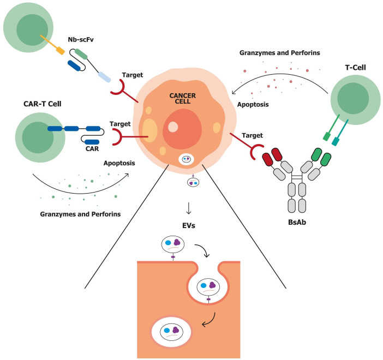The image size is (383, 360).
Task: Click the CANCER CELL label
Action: click(x=182, y=98)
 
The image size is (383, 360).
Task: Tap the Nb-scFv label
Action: click(x=81, y=40)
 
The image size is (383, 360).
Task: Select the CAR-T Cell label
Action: click(x=42, y=104)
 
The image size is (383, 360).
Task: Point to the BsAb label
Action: click(x=297, y=222)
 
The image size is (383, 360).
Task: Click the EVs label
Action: click(x=189, y=225)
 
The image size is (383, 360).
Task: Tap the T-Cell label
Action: click(x=355, y=68)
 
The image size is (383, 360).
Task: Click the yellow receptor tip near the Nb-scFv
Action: click(x=61, y=51)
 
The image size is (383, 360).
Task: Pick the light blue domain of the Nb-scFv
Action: click(x=104, y=77)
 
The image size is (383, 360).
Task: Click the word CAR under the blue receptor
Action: click(x=92, y=149)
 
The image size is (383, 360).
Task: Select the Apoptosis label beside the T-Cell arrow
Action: click(x=253, y=105)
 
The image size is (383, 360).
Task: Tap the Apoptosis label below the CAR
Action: click(x=119, y=163)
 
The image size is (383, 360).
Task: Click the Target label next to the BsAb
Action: click(x=252, y=135)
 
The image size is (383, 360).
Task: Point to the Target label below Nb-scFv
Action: click(x=133, y=75)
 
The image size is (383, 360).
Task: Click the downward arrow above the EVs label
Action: click(x=188, y=208)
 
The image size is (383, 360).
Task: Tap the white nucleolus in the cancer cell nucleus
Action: click(x=173, y=127)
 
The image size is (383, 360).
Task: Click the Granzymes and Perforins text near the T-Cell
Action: click(x=280, y=53)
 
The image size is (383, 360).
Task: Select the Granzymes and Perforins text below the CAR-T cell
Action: click(x=80, y=214)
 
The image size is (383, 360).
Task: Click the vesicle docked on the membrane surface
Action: click(x=173, y=244)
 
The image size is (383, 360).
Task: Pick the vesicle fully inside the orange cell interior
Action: click(x=171, y=332)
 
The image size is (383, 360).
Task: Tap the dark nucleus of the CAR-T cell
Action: click(x=38, y=137)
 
